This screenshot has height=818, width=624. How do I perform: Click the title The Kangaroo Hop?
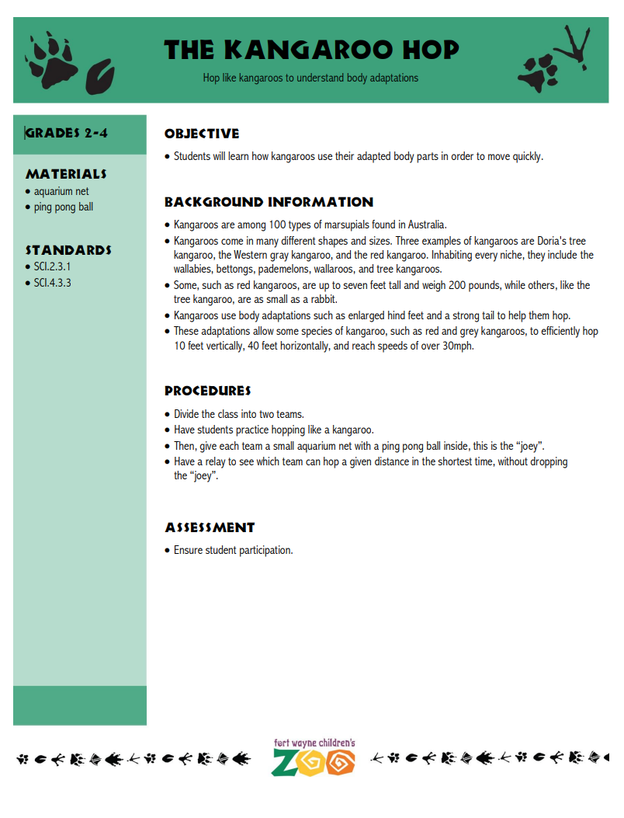[x=311, y=50]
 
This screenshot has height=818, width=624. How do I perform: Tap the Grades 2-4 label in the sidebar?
[x=67, y=133]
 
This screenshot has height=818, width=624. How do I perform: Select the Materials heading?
[x=66, y=174]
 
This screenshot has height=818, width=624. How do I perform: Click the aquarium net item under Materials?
[x=61, y=191]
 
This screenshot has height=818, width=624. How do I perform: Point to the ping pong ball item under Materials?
[x=64, y=207]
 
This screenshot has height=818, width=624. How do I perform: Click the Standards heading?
[x=68, y=250]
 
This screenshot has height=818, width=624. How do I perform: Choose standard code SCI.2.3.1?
[x=52, y=266]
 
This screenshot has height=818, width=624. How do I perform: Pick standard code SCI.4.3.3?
[x=52, y=283]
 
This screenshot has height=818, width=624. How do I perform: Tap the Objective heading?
[x=202, y=134]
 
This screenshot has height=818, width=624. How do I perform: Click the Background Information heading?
[x=269, y=202]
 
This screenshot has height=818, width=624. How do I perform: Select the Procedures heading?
[x=207, y=391]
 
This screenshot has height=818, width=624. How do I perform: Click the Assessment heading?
[x=210, y=527]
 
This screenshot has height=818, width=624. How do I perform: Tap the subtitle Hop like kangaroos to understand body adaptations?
[x=310, y=78]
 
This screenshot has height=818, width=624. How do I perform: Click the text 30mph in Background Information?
[x=457, y=346]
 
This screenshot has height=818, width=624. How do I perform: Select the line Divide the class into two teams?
[x=239, y=414]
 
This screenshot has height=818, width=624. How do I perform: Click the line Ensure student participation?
[x=233, y=550]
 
